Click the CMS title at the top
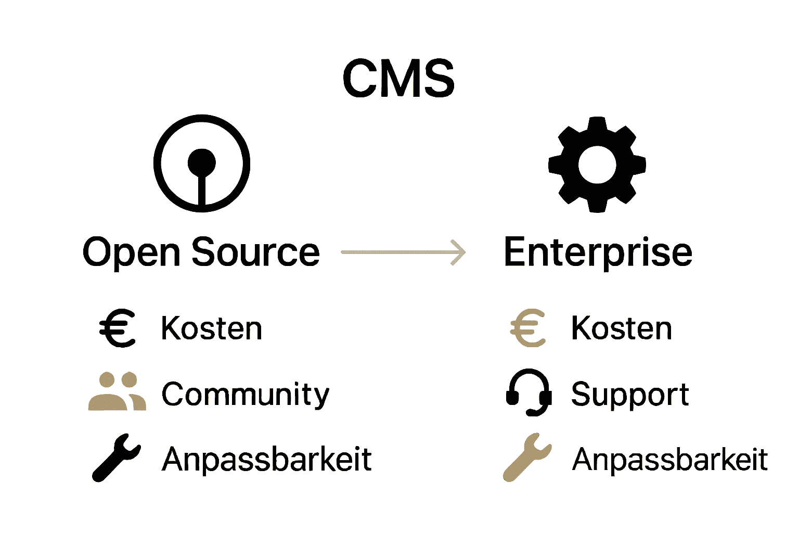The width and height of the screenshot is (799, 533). click(x=398, y=78)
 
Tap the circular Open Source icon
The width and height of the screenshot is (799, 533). click(x=202, y=163)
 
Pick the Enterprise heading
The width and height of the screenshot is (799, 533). click(x=598, y=252)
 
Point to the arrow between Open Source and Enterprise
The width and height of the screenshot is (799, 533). click(x=403, y=252)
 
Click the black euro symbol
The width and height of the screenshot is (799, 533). click(x=118, y=328)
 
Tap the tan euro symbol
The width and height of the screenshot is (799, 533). click(x=528, y=328)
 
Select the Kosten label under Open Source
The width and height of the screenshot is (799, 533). click(x=211, y=328)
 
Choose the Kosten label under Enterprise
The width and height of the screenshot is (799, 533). click(x=622, y=328)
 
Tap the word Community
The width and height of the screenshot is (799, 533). click(x=245, y=394)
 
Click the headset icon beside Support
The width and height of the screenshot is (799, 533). click(x=529, y=392)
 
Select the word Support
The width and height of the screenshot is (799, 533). click(x=629, y=395)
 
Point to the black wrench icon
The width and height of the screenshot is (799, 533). click(x=116, y=456)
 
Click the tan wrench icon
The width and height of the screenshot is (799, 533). click(x=526, y=456)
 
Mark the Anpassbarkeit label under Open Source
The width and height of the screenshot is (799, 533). click(x=266, y=460)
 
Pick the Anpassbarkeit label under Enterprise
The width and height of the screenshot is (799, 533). click(x=670, y=460)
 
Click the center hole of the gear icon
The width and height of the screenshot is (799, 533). click(x=597, y=164)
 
